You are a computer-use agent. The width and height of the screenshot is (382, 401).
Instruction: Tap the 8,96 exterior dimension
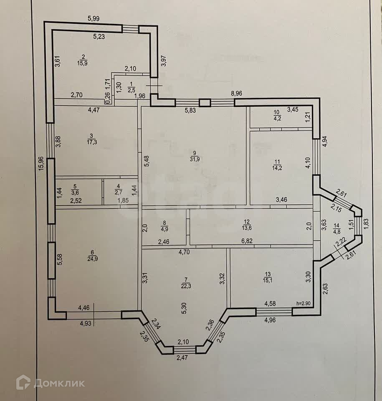tap(237, 94)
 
